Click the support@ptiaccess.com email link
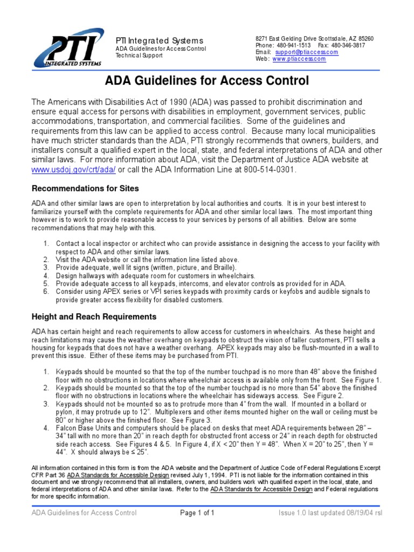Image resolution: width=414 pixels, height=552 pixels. (306, 52)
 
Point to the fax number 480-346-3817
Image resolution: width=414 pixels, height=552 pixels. (349, 46)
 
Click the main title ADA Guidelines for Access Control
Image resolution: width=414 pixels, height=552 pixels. (206, 81)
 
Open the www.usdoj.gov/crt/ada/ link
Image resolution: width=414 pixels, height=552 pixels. (73, 170)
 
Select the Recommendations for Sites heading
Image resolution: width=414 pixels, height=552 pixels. (85, 189)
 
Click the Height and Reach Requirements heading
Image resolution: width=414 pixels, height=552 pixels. (94, 316)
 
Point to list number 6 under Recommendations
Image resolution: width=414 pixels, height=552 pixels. (46, 292)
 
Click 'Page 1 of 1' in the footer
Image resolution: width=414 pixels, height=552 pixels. (197, 513)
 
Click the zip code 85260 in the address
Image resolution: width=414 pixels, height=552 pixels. (365, 39)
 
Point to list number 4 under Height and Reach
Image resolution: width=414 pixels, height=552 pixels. (46, 428)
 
